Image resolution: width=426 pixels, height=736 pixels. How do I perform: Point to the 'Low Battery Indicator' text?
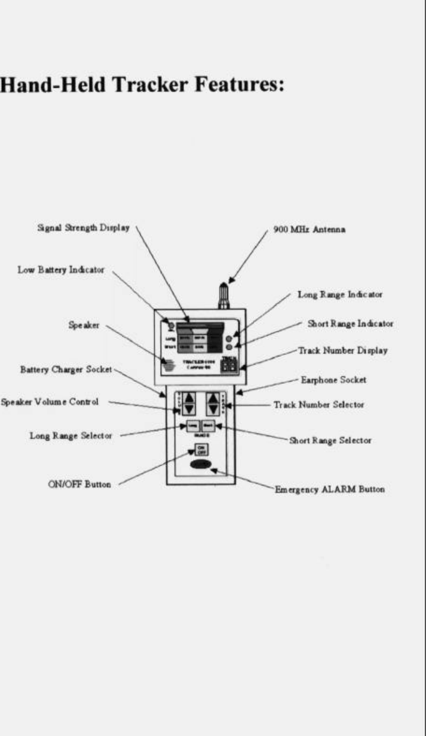tap(60, 270)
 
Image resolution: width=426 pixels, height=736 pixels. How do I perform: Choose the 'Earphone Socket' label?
tap(333, 380)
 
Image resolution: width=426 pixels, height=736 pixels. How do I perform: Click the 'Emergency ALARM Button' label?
tap(329, 489)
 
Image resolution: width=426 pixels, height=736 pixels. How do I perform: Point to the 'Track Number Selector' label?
tap(318, 405)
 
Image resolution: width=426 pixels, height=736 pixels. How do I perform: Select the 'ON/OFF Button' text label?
tap(79, 484)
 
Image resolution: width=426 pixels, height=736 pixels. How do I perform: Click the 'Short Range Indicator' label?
tap(350, 323)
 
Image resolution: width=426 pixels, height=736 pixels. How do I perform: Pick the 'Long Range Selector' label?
tap(71, 435)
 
